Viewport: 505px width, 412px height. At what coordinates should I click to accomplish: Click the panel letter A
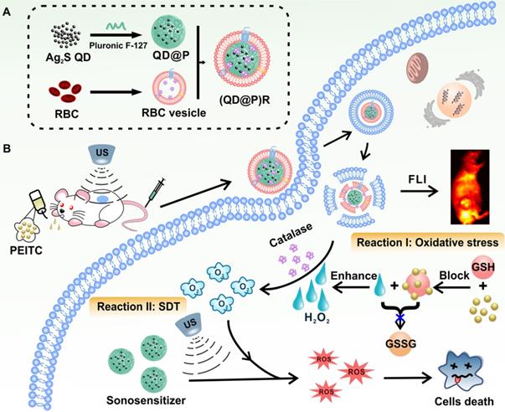(x=8, y=9)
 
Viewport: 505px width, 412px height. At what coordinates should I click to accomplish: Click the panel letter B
(x=8, y=150)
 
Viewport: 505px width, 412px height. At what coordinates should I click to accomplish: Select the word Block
(x=442, y=275)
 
